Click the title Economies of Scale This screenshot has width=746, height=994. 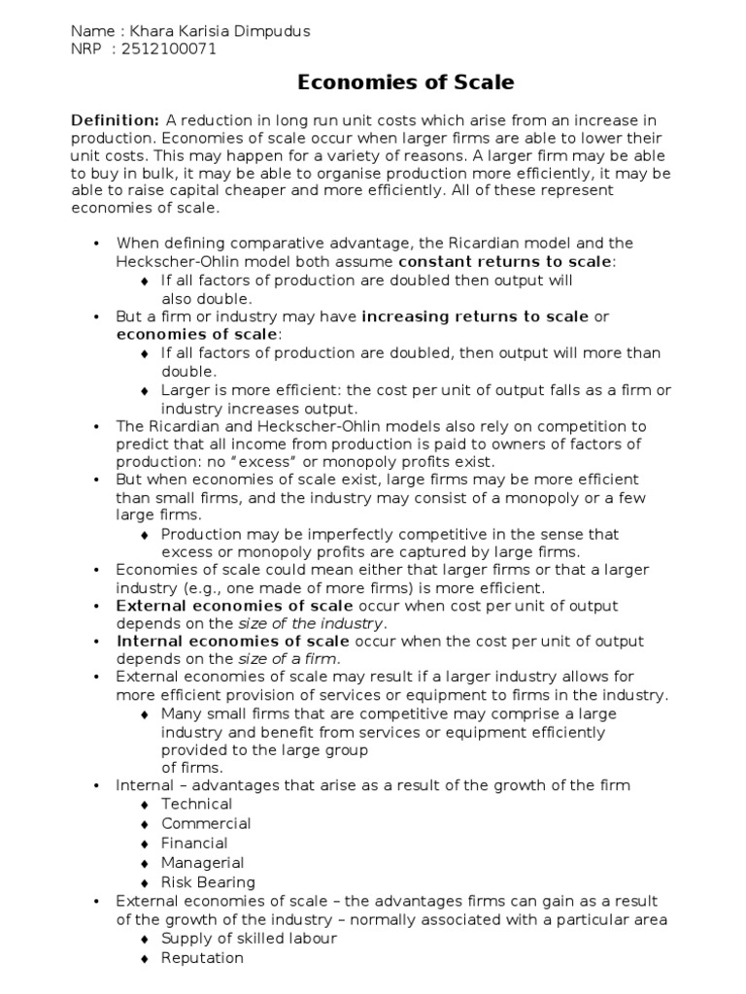(x=405, y=83)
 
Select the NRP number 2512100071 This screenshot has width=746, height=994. (x=171, y=49)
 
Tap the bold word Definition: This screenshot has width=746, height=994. (x=115, y=120)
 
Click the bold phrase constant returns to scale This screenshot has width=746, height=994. (x=506, y=262)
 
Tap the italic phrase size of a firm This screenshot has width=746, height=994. (x=288, y=659)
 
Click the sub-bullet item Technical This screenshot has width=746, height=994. (x=196, y=804)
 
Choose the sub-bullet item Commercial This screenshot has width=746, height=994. (x=206, y=823)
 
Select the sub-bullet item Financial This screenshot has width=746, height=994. (x=194, y=843)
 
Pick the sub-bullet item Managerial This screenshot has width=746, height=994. (x=202, y=862)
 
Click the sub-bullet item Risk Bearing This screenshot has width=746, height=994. (x=208, y=882)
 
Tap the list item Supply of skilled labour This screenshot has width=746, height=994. (x=249, y=939)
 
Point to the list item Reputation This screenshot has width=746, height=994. (x=202, y=958)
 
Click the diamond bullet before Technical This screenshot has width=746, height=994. (x=144, y=805)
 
